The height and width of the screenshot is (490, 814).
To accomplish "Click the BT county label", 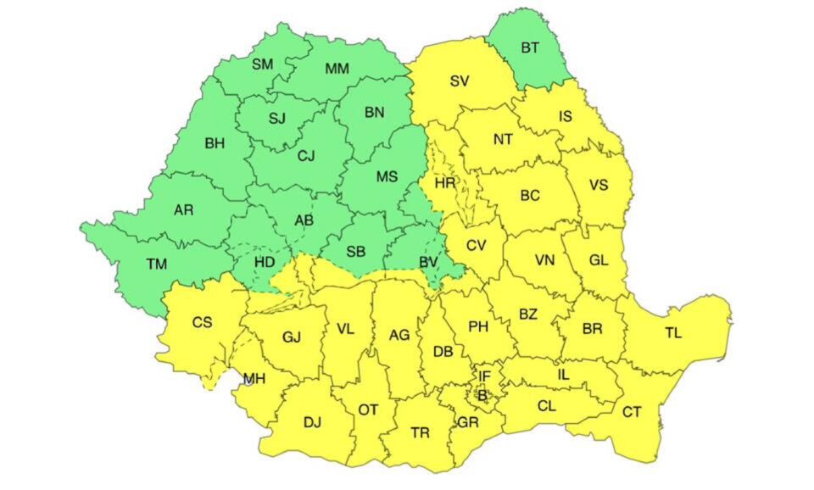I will coord(530,48).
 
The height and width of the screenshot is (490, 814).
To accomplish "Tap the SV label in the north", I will coord(460,81).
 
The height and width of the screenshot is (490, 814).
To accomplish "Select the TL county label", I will coord(673,333).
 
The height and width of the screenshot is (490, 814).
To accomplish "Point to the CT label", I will coord(632,412).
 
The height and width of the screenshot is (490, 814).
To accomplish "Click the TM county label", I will coord(156,264).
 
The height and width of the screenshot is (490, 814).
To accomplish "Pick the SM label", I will coord(262,64).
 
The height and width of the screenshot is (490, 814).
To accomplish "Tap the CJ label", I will coord(306,155).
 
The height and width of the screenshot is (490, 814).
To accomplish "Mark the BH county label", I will coord(215,143).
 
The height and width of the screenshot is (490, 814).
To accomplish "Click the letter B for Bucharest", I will coord(482,394).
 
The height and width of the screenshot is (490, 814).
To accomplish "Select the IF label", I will coord(484,376).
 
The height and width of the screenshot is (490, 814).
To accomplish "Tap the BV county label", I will coord(429,262).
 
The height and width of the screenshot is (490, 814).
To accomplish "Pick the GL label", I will coord(599,260).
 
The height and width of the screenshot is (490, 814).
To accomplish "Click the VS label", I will coord(599,186).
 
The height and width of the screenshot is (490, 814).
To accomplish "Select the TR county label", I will coord(420,433).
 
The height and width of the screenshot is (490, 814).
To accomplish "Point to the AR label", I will coord(183,209).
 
